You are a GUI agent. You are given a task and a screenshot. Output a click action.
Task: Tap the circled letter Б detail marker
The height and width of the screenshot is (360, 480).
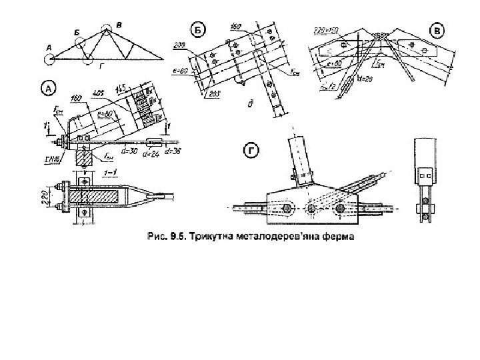198,29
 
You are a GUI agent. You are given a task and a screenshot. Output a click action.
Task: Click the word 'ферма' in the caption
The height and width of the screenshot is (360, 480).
335,235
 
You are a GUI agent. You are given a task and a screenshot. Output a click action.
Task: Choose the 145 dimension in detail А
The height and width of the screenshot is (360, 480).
121,87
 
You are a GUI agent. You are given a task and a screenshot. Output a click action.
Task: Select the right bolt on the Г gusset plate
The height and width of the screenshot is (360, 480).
341,209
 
